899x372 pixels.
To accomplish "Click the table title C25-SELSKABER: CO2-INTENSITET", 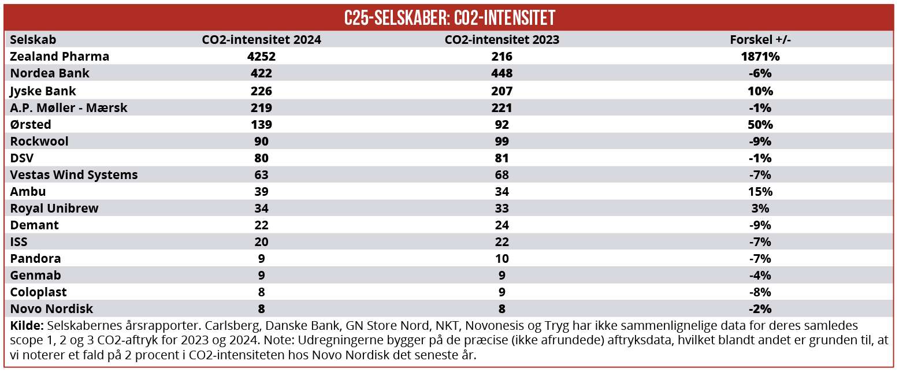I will pos(449,18).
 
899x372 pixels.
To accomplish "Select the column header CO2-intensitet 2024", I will pos(261,40).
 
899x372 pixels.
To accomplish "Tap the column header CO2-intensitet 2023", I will pos(501,40).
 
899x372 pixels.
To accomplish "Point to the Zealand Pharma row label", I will pos(60,57).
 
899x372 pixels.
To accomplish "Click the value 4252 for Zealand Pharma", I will pos(261,57).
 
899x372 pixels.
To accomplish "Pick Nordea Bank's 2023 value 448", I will pos(501,73).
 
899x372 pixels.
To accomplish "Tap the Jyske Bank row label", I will pos(43,91).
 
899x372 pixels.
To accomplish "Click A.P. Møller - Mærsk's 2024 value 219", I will pos(261,107).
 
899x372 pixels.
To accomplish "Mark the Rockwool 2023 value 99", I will pos(501,141).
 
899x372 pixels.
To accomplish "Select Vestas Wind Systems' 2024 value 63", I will pos(261,174).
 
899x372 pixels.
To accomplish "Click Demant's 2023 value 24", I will pos(501,225).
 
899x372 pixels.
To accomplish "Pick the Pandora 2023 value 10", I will pos(501,258).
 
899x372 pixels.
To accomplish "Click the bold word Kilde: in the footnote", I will pos(27,326).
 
